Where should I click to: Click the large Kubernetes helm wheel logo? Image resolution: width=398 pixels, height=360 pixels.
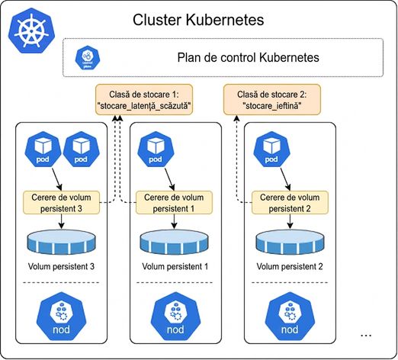[x=31, y=31]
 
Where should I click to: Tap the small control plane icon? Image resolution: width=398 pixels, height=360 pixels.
[x=88, y=57]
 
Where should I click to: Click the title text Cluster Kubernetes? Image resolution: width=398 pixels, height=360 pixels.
[x=198, y=20]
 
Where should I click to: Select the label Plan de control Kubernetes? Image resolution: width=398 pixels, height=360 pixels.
[x=248, y=57]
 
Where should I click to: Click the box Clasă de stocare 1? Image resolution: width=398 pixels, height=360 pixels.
[x=144, y=100]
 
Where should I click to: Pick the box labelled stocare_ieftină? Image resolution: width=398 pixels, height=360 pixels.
[x=272, y=100]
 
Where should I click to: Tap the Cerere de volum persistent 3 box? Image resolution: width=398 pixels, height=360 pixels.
[x=61, y=203]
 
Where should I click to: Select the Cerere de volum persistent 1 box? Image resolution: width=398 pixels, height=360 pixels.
[x=174, y=203]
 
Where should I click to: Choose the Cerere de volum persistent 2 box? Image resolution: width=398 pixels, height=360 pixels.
[x=290, y=203]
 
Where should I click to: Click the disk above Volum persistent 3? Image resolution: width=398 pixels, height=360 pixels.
[x=61, y=242]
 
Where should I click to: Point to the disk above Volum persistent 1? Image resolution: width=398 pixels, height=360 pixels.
[x=174, y=242]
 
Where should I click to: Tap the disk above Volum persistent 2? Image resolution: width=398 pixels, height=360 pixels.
[x=290, y=242]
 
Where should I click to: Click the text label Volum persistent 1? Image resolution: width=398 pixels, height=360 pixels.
[x=175, y=266]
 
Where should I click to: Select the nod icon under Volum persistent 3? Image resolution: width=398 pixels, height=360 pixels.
[x=61, y=317]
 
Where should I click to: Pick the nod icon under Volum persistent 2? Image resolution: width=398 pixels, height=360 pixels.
[x=290, y=317]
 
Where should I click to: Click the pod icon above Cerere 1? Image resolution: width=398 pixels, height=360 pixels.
[x=156, y=149]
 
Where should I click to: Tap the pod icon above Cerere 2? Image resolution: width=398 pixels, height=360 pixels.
[x=271, y=149]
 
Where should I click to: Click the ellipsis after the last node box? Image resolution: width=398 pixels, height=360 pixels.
[x=366, y=336]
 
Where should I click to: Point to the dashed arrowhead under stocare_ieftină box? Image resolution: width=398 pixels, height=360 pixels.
[x=236, y=118]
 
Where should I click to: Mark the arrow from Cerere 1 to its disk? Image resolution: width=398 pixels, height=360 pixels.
[x=174, y=221]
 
